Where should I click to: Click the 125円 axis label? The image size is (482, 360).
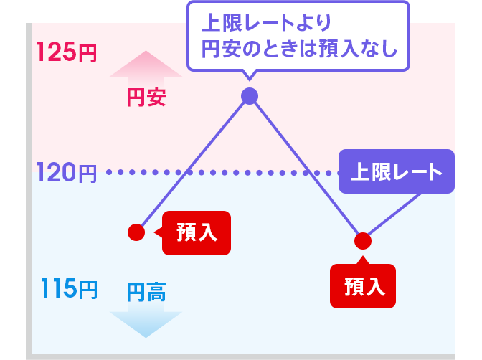point(67,52)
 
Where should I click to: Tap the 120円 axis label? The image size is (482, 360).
point(67,172)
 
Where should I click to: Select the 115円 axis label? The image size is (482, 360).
point(69,289)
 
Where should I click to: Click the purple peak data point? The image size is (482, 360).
point(250,96)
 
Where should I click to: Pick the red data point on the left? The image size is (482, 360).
point(136,232)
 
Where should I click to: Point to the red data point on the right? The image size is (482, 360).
point(363,241)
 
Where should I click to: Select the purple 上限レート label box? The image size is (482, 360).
point(397,171)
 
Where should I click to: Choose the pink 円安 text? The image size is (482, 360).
point(146,98)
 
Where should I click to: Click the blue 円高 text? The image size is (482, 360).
point(146,293)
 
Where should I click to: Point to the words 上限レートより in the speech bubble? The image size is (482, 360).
point(266,22)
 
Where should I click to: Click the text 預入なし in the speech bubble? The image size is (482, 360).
point(359,49)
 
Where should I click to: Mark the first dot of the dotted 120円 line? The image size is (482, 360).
point(109,172)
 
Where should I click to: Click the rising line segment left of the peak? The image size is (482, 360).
point(193,164)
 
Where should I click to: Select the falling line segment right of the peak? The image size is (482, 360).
point(306,169)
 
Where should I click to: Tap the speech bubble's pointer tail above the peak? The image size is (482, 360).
point(250,75)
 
